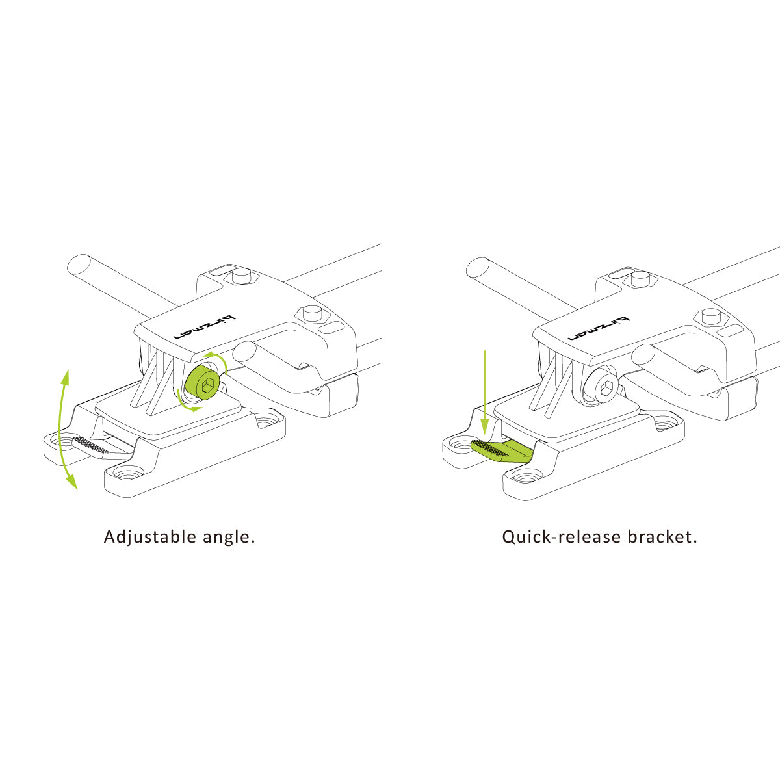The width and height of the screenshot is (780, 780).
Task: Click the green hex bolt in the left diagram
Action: point(202,382)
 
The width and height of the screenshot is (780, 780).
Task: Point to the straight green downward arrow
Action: point(484,393)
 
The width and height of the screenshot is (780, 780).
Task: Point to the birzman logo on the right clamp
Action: point(599,328)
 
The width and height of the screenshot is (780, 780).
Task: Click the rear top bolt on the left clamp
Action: point(241,276)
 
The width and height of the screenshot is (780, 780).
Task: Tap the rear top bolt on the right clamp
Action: point(640,278)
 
